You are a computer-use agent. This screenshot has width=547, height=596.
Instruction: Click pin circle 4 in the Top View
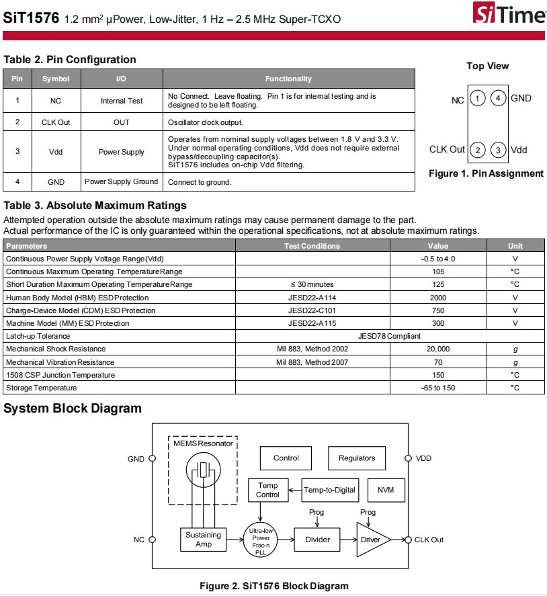(498, 99)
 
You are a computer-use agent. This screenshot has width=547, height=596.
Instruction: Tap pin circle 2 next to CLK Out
(477, 150)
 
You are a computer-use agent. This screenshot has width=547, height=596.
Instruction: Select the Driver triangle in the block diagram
(369, 540)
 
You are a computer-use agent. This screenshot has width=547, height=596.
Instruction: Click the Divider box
(317, 540)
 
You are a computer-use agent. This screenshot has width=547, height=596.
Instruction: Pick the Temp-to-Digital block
(329, 490)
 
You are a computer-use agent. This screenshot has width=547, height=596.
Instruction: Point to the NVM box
(386, 490)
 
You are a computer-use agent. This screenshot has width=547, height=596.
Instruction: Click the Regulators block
(356, 458)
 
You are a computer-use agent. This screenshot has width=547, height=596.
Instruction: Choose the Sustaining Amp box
(203, 540)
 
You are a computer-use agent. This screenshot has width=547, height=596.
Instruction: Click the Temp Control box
(267, 490)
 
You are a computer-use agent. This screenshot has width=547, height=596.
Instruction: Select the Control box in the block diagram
(286, 458)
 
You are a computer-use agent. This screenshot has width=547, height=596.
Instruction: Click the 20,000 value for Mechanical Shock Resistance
(437, 349)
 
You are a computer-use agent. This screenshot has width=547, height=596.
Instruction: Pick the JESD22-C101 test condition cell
(312, 310)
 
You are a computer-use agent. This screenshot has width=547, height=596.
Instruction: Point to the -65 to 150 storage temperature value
(437, 388)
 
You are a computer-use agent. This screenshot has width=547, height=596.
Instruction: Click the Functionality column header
(288, 79)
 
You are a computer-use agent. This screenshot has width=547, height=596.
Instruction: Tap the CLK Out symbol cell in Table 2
(56, 122)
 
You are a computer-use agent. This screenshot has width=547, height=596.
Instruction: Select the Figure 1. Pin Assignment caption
(486, 173)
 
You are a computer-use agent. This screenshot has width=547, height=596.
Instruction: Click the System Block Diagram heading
(73, 409)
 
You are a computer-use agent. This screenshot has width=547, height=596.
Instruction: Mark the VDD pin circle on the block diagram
(407, 458)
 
